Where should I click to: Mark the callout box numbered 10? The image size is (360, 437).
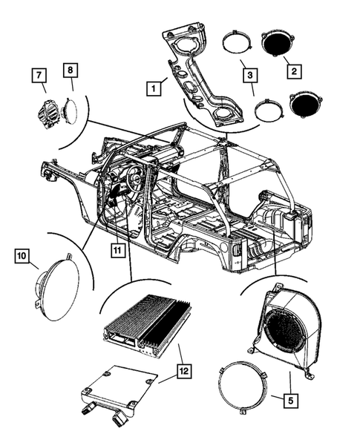coord(22,257)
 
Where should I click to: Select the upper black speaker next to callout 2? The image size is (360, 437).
coord(280,43)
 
